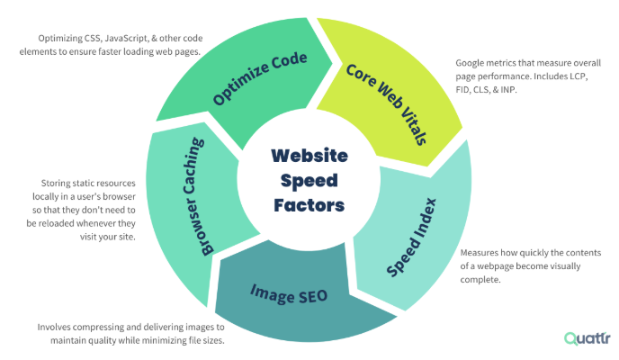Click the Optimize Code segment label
point(260,79)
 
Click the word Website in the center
point(309,155)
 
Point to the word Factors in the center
point(309,204)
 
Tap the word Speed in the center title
point(309,180)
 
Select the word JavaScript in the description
point(125,38)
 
